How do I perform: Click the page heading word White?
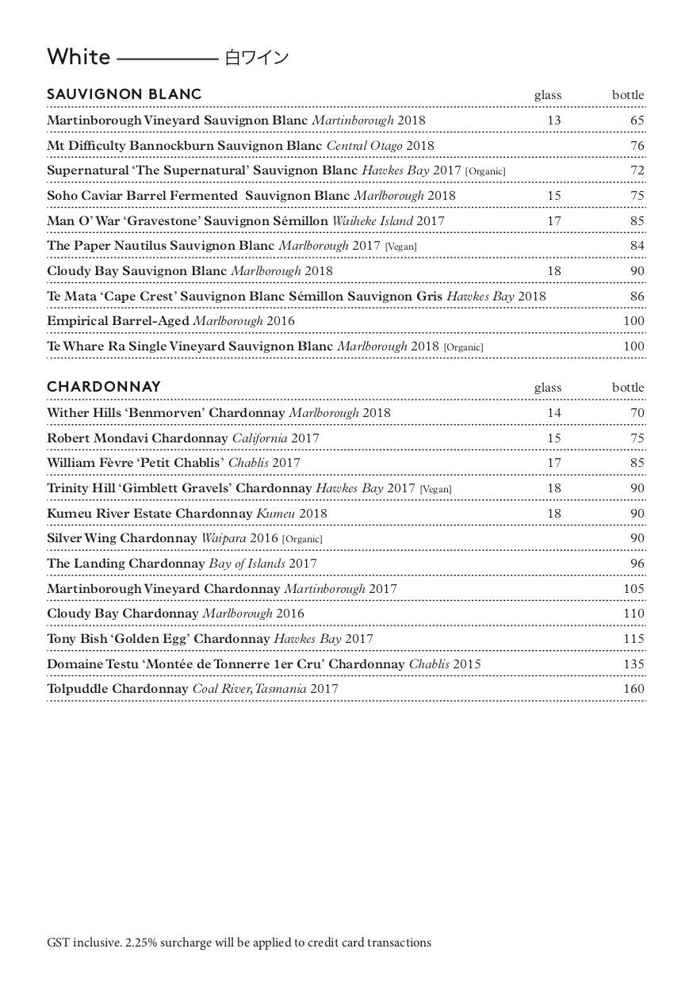pos(78,57)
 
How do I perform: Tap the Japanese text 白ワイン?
pos(256,58)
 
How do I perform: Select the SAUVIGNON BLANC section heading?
pos(124,94)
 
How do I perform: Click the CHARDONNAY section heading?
pos(104,387)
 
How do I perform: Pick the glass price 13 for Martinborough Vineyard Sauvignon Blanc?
pos(553,120)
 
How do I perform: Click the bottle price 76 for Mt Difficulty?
pos(637,146)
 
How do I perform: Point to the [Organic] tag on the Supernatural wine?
pos(485,171)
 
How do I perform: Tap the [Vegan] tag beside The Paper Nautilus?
pos(400,247)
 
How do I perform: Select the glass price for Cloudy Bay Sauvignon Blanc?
pos(553,271)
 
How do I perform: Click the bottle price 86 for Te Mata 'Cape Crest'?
pos(637,296)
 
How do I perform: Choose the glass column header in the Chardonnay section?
pos(547,388)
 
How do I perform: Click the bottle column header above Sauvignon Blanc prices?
pos(627,95)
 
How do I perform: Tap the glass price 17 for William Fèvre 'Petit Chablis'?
pos(553,463)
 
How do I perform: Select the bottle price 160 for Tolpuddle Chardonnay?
pos(634,689)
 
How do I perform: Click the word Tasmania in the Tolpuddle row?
pos(280,689)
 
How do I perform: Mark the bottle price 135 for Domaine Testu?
pos(634,664)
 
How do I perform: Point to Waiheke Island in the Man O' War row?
pos(372,221)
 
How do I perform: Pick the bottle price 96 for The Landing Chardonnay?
pos(637,564)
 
